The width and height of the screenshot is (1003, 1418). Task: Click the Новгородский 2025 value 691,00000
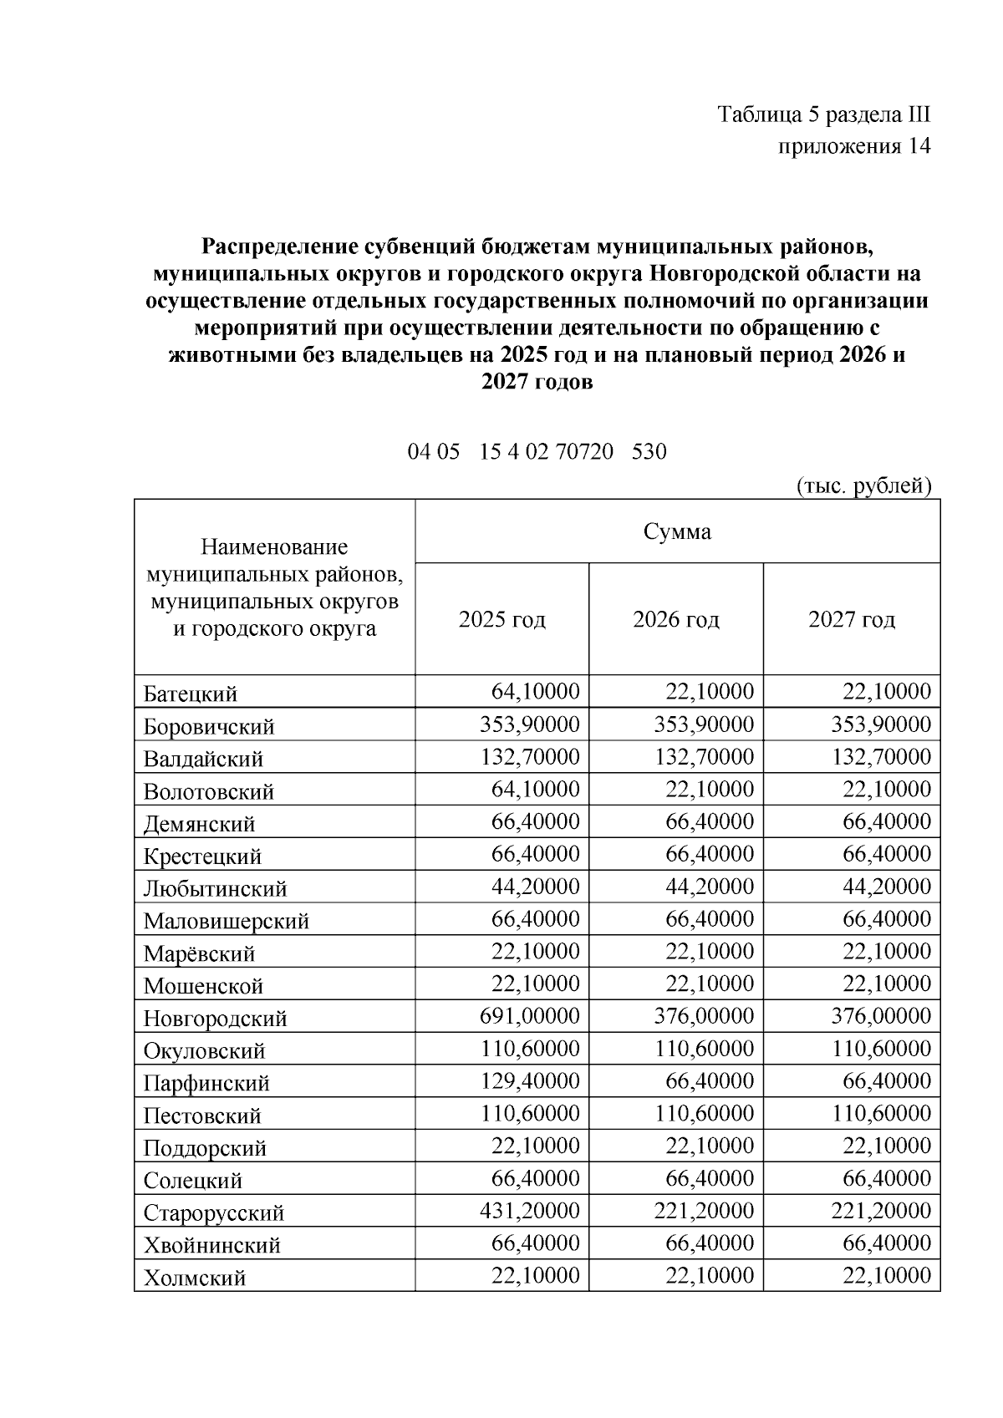pos(529,1016)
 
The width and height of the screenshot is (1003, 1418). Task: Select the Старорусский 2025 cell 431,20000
pos(529,1211)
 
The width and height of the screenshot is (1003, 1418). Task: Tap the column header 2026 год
pos(675,619)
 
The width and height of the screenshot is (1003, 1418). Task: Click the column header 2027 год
pos(851,619)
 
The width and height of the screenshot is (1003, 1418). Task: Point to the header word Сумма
pos(677,531)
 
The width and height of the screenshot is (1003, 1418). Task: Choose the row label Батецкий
pos(191,694)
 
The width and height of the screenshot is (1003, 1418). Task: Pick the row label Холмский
pos(194,1278)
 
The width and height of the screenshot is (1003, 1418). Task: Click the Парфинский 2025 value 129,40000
pos(529,1080)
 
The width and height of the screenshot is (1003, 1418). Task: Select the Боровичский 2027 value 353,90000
pos(880,724)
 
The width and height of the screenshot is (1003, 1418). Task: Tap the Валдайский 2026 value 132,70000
pos(703,756)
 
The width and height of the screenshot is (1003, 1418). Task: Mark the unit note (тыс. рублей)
pos(863,485)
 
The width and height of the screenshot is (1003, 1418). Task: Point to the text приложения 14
pos(853,146)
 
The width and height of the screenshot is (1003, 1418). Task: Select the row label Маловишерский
pos(226,921)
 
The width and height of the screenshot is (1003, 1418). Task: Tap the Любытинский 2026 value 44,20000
pos(709,886)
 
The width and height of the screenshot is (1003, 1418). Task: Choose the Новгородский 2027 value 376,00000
pos(880,1016)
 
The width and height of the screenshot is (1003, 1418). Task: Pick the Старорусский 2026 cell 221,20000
pos(703,1211)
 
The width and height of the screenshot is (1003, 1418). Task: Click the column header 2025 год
pos(501,619)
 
